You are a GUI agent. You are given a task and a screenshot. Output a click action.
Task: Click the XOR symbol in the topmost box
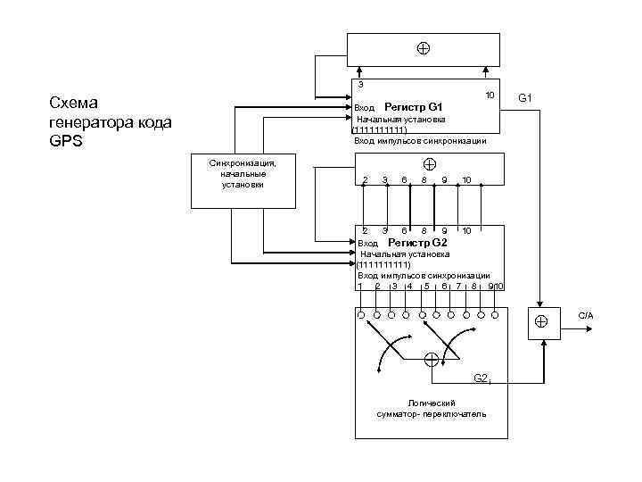point(423,48)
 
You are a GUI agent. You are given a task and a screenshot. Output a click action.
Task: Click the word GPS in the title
point(66,140)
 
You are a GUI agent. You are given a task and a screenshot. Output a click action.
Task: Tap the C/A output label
point(586,316)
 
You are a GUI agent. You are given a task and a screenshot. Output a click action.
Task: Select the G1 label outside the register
point(525,97)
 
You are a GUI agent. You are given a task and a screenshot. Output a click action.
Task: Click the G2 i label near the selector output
point(481,378)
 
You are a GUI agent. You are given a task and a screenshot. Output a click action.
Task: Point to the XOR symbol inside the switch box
point(431,360)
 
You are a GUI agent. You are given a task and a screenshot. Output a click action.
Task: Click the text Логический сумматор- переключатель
point(432,409)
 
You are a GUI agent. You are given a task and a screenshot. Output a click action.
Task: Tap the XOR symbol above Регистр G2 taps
point(429,164)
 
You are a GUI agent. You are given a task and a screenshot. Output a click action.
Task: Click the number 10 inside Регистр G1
point(490,96)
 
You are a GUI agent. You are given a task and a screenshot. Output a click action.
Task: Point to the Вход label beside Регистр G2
point(367,243)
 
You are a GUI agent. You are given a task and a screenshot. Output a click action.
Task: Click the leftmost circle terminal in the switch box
point(360,315)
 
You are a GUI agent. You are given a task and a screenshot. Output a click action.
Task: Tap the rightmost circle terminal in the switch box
point(498,315)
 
